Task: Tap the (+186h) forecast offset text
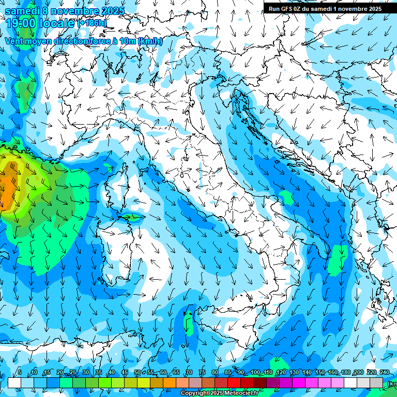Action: click(x=92, y=23)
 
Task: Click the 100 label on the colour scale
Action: click(x=255, y=373)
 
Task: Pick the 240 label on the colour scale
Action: click(x=384, y=373)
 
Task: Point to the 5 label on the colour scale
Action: click(x=20, y=373)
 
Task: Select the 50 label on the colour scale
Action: click(x=138, y=373)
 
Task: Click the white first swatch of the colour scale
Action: click(x=14, y=383)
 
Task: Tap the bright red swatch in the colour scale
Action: click(x=234, y=383)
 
